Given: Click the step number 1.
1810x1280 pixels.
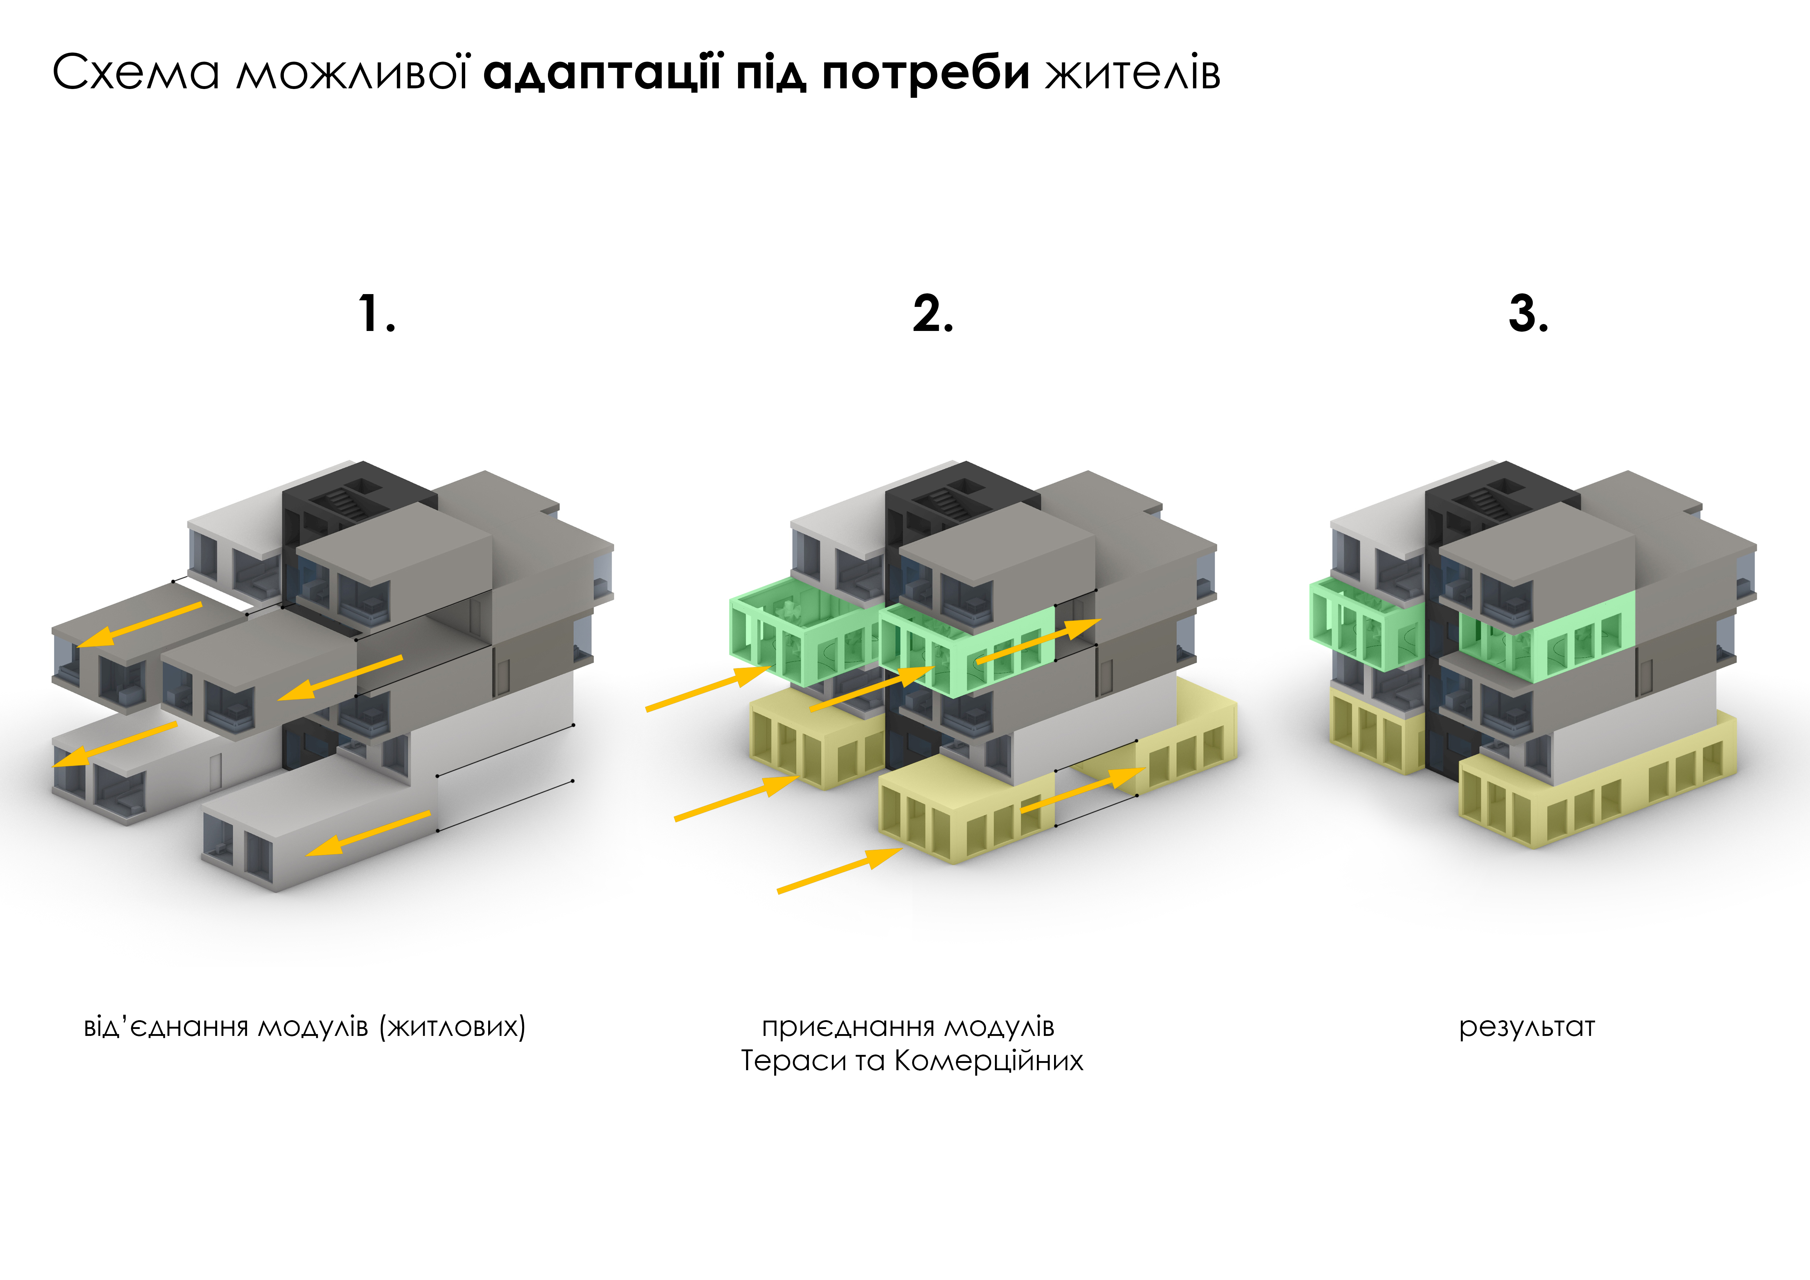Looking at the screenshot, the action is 377,314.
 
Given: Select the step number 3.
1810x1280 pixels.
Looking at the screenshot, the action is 1528,314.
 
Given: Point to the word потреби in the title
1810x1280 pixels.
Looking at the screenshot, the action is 926,73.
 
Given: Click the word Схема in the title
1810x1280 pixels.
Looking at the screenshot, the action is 136,73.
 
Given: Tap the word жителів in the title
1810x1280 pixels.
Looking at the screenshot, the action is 1133,73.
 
